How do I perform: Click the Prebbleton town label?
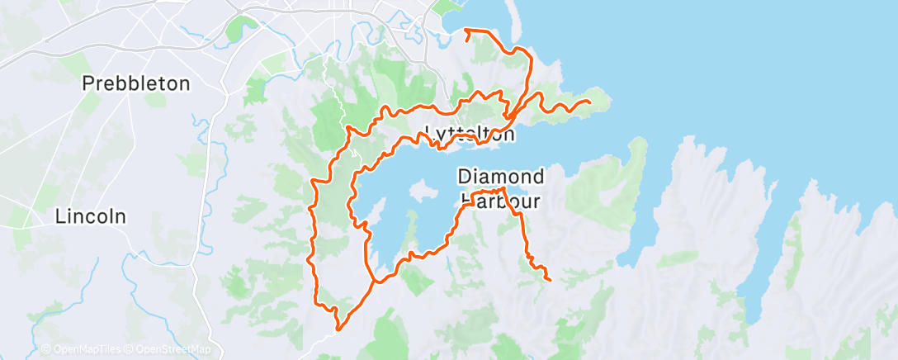tap(136, 83)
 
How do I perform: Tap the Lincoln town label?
tap(91, 216)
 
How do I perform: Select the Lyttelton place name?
tap(470, 134)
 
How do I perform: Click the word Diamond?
tap(501, 176)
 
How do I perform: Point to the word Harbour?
tap(501, 200)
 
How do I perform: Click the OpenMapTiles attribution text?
tap(87, 350)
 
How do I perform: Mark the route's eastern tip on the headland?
tap(588, 102)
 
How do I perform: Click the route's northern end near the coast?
tap(466, 31)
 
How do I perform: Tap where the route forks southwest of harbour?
tap(375, 282)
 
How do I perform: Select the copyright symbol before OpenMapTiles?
tap(46, 350)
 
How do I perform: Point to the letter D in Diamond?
tap(464, 176)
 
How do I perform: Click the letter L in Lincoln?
tap(60, 216)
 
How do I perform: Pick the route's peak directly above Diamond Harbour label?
tap(501, 189)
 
